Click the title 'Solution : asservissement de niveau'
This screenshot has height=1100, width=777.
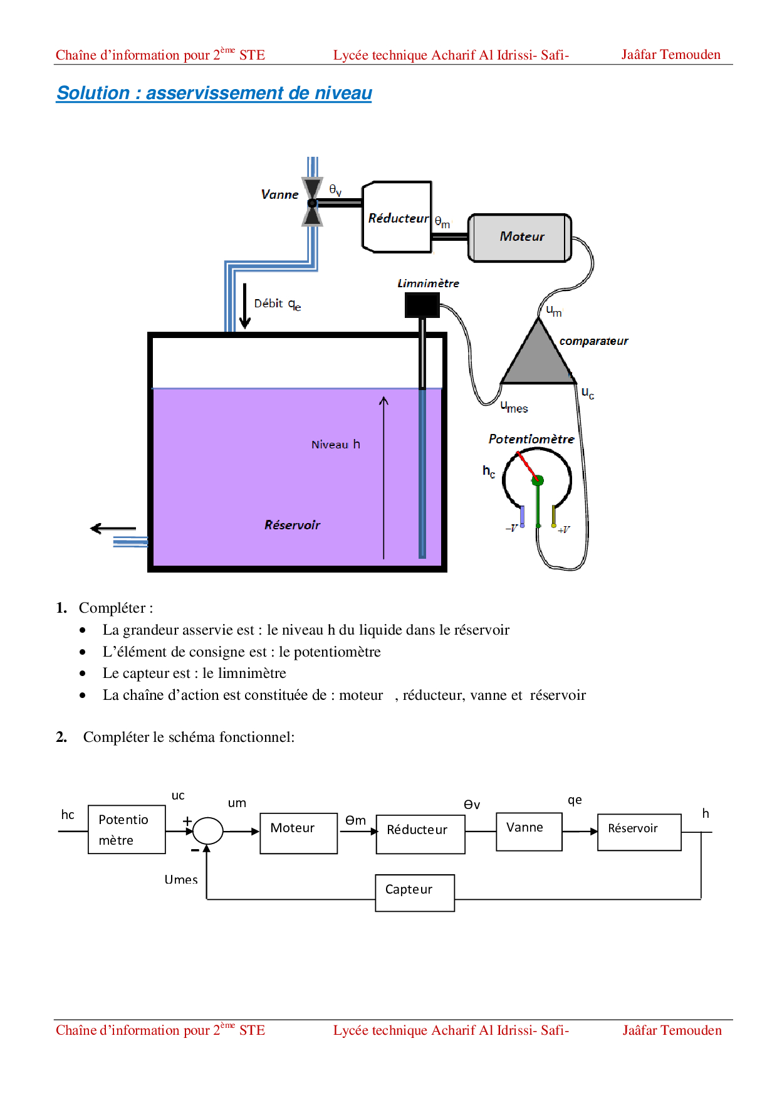[x=214, y=93]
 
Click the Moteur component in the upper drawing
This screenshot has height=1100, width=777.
[x=521, y=237]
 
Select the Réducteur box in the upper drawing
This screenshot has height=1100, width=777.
[x=397, y=218]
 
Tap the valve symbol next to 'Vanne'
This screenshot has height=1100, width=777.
[x=312, y=203]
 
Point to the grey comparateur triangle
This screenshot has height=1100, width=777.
[x=538, y=357]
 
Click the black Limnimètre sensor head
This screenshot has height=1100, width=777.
[x=422, y=305]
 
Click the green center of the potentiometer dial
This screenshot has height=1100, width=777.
[x=537, y=480]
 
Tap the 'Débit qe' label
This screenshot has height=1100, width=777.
[x=277, y=304]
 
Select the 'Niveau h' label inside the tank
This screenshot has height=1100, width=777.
[x=335, y=445]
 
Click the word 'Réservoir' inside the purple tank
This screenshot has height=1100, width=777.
[x=292, y=525]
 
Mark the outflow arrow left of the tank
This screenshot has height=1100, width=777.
[x=113, y=529]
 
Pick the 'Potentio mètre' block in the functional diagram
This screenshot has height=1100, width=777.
[x=127, y=830]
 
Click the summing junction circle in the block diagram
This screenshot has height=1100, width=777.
[x=207, y=831]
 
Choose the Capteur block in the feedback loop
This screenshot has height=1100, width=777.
[x=415, y=892]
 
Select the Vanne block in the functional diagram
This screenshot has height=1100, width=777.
[x=529, y=832]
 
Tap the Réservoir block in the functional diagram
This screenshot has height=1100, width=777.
[x=639, y=832]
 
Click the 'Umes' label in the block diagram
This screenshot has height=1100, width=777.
[x=181, y=880]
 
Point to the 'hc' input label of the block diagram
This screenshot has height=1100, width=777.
[x=68, y=815]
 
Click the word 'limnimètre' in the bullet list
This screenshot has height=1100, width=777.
[x=252, y=673]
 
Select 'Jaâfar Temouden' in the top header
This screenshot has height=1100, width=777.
[x=670, y=55]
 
